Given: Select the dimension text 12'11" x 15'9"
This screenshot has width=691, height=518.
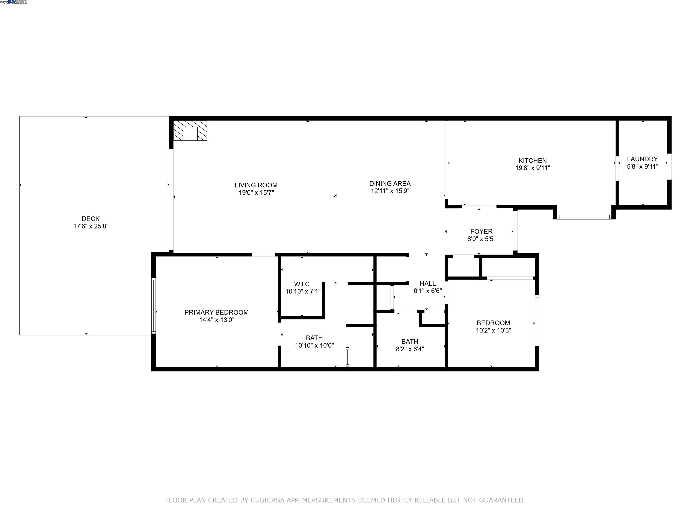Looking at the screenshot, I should point(390,191).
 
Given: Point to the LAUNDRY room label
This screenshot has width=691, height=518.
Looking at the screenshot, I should point(642,159).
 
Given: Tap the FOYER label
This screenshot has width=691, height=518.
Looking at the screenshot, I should point(481,231).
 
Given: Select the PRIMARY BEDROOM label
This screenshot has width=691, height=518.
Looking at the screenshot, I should point(216,312).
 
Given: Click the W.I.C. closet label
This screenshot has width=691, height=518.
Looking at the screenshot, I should point(302,284).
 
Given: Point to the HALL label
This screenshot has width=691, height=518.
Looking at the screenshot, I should point(427,284).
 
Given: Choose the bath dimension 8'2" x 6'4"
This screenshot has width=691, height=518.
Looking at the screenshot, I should point(410,349).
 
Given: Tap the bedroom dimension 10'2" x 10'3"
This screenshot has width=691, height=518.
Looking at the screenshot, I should point(493,330).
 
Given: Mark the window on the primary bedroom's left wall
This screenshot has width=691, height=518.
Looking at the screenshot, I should point(153,306).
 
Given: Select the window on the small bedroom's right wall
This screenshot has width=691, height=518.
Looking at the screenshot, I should point(537,320).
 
